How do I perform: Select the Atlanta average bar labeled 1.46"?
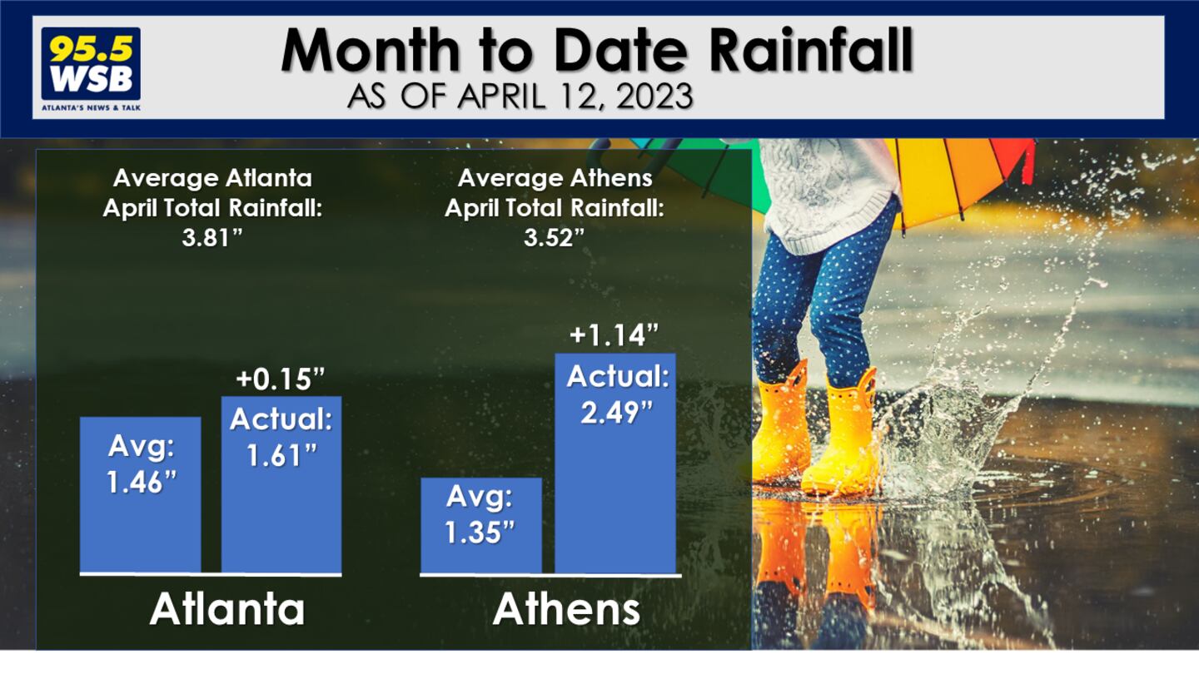click(x=140, y=495)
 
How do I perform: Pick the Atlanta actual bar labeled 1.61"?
click(x=281, y=484)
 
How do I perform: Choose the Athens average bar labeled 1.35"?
click(x=481, y=525)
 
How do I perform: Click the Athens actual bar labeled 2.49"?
click(x=615, y=463)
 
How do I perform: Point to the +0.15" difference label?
click(x=281, y=379)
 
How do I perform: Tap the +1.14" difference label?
click(x=614, y=335)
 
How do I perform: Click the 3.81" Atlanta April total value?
click(x=212, y=237)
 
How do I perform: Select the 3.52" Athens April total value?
click(x=554, y=237)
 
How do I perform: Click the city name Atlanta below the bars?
click(x=227, y=609)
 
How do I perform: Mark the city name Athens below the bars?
click(x=566, y=609)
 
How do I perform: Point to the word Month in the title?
click(x=371, y=50)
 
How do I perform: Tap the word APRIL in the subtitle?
click(x=501, y=97)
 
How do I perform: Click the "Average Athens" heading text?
click(x=555, y=178)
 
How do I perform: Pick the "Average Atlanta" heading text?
click(x=212, y=178)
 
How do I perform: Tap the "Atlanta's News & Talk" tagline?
click(x=91, y=107)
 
